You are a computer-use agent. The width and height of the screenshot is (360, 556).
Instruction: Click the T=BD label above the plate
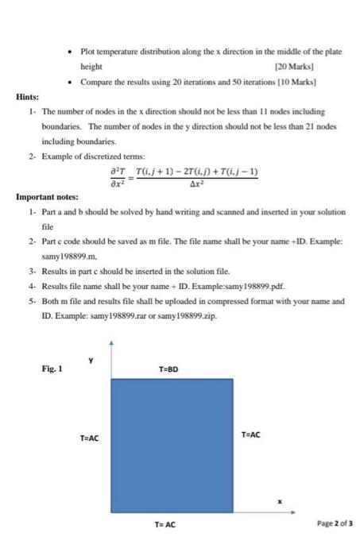point(168,370)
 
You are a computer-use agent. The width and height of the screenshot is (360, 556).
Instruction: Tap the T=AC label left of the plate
point(89,438)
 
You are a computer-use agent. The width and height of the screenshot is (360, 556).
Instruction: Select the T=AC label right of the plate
point(250,434)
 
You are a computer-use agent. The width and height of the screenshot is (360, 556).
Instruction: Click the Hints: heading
point(29,96)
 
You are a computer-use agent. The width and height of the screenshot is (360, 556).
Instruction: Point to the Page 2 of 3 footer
point(334,525)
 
